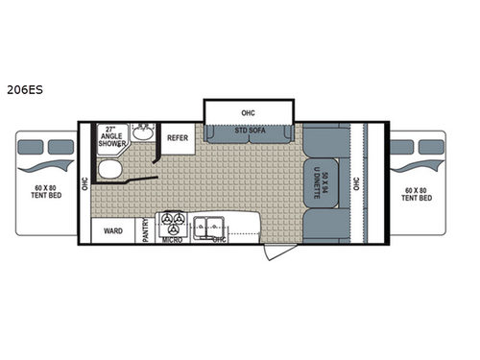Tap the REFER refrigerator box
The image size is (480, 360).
[178, 138]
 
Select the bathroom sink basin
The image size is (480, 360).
[145, 133]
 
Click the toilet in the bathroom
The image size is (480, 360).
[109, 170]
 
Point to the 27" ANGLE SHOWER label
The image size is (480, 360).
[114, 137]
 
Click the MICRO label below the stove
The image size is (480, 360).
[173, 240]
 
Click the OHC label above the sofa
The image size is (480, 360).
[248, 112]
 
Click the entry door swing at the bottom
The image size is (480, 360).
[273, 251]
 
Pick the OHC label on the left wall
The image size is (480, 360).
[85, 181]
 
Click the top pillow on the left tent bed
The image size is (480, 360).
[27, 147]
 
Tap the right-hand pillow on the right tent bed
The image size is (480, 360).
[432, 147]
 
